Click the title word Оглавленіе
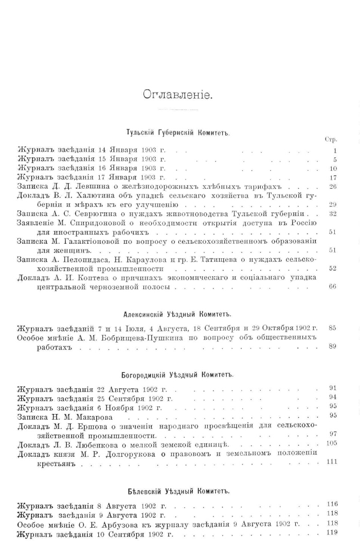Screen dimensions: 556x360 (179, 95)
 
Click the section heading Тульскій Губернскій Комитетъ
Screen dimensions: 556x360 (177, 132)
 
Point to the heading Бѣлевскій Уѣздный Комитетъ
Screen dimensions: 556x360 (177, 491)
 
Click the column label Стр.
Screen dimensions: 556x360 (331, 139)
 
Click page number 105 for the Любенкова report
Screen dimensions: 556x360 (331, 443)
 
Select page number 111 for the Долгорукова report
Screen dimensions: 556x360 (331, 462)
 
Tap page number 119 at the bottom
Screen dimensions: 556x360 (331, 533)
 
